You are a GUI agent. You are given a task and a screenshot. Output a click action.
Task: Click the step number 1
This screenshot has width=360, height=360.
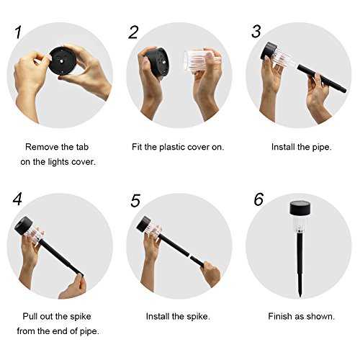(18, 32)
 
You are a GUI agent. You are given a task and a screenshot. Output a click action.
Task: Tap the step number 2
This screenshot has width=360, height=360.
(133, 32)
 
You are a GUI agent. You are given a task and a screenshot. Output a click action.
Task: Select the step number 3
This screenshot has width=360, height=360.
(256, 32)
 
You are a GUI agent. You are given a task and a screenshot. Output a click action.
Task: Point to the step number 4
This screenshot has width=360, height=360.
(17, 199)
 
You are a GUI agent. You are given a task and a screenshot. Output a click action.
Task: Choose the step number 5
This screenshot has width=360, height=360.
(135, 201)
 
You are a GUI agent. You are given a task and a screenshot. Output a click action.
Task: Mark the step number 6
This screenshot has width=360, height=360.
(258, 199)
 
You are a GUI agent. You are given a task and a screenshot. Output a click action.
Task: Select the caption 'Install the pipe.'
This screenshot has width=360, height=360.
(302, 147)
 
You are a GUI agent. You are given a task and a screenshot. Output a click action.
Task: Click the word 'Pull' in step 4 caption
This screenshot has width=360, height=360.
(30, 316)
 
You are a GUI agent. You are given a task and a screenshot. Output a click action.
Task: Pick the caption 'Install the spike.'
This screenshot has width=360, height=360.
(178, 316)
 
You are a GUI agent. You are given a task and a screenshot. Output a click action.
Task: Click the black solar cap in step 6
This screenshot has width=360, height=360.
(300, 208)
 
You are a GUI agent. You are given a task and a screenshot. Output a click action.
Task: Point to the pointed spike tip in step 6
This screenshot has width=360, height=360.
(300, 297)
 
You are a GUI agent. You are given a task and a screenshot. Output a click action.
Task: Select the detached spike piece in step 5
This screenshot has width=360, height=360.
(197, 261)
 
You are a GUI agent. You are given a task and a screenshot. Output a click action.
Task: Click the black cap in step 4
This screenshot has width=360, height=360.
(23, 225)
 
